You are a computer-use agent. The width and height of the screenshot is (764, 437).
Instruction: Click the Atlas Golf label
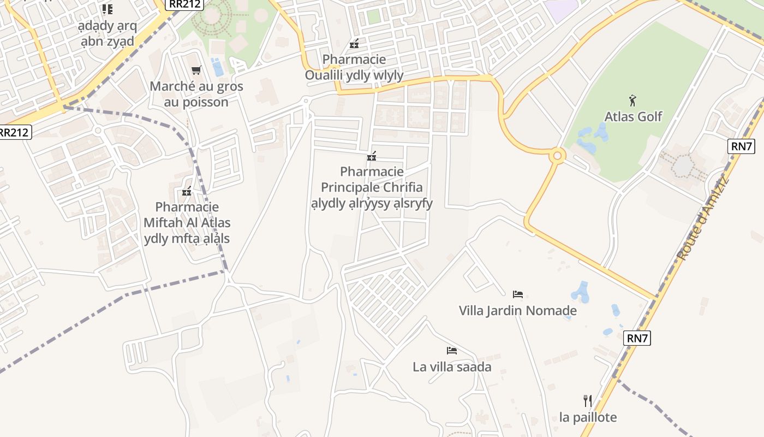point(633,116)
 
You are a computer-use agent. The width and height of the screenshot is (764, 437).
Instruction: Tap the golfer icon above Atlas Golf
point(632,101)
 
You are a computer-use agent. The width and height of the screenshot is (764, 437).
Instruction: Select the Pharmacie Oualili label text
point(354,67)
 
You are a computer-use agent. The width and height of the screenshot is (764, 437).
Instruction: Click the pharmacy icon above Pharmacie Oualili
point(354,44)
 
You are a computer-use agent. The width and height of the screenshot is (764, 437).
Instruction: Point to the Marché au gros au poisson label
point(196,94)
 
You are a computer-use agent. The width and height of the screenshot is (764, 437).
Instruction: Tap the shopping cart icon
point(196,70)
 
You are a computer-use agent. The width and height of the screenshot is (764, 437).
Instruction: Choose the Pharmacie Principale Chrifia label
point(372,187)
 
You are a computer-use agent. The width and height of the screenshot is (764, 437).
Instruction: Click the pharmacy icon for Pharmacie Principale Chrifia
point(372,157)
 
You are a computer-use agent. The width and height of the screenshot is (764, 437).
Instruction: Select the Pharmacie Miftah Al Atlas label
point(187,223)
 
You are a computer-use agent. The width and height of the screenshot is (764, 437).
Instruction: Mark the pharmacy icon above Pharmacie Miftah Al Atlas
point(187,192)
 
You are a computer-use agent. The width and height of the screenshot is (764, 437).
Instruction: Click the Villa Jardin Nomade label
point(517,311)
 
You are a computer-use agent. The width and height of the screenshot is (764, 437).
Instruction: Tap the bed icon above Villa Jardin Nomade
point(517,294)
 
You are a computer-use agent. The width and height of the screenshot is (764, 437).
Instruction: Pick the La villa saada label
point(452,367)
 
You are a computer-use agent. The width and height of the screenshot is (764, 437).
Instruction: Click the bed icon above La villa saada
point(451,350)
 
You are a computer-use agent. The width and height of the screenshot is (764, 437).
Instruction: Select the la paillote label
point(588,417)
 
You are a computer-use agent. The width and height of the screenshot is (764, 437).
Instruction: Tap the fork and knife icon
point(588,401)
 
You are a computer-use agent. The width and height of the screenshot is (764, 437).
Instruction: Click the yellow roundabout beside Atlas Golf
point(557,156)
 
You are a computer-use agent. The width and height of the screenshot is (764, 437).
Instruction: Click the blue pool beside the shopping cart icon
point(218,68)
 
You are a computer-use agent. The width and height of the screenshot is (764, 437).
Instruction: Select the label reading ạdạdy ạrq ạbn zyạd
point(108,34)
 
